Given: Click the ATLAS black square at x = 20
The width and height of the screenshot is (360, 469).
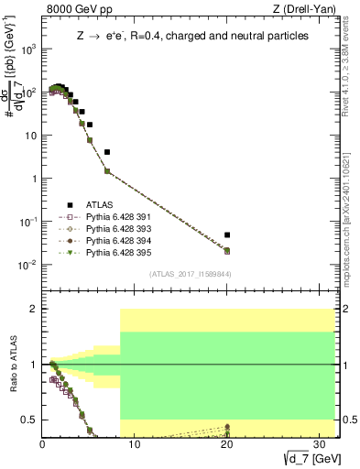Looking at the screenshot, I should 227,234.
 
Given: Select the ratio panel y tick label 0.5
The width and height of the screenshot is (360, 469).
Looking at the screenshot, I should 30,420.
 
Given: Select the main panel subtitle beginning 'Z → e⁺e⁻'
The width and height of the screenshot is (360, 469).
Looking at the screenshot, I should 191,36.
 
